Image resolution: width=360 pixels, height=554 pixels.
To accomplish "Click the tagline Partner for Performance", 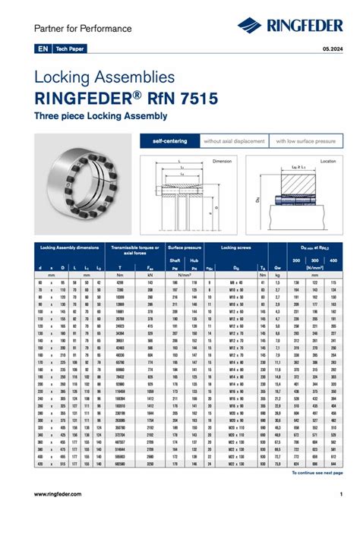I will click(x=83, y=29).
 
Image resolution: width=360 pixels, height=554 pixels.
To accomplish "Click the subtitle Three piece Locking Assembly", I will click(x=100, y=116).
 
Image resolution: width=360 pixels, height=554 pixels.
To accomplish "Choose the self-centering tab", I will click(x=169, y=141).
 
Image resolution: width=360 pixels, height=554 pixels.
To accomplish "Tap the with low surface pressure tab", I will click(x=305, y=141).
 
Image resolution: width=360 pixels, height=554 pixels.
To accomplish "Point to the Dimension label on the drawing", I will click(x=222, y=161).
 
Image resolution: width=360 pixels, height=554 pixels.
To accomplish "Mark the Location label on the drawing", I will click(x=327, y=161).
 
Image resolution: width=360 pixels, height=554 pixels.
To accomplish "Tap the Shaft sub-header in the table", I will click(x=175, y=260).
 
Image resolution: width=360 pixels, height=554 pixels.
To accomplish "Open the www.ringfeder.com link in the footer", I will click(x=58, y=494).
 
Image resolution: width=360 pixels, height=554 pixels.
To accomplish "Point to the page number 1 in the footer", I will click(x=341, y=494).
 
